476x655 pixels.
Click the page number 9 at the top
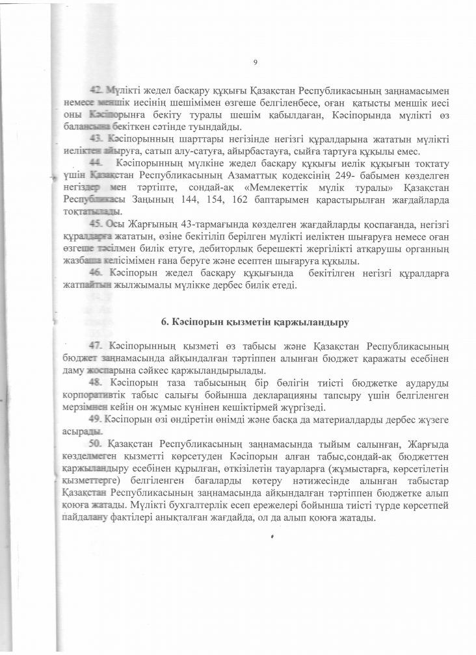click(x=256, y=62)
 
